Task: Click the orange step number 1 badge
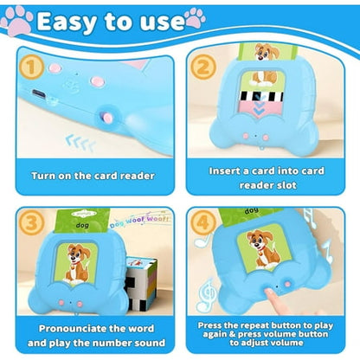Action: [x=31, y=67]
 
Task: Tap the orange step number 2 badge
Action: [x=203, y=67]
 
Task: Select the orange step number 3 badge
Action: [x=31, y=222]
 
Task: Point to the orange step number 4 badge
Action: [x=203, y=222]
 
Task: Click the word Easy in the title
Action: [x=67, y=22]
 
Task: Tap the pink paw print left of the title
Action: [x=16, y=22]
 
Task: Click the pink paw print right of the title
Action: [x=196, y=18]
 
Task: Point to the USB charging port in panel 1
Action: [x=38, y=93]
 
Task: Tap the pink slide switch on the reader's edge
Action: [x=107, y=117]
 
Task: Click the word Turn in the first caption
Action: [x=43, y=176]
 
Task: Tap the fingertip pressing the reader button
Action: [x=270, y=294]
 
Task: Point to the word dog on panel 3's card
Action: [x=82, y=225]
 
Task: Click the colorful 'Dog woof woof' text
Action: [x=139, y=221]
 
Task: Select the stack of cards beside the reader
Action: [x=140, y=284]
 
